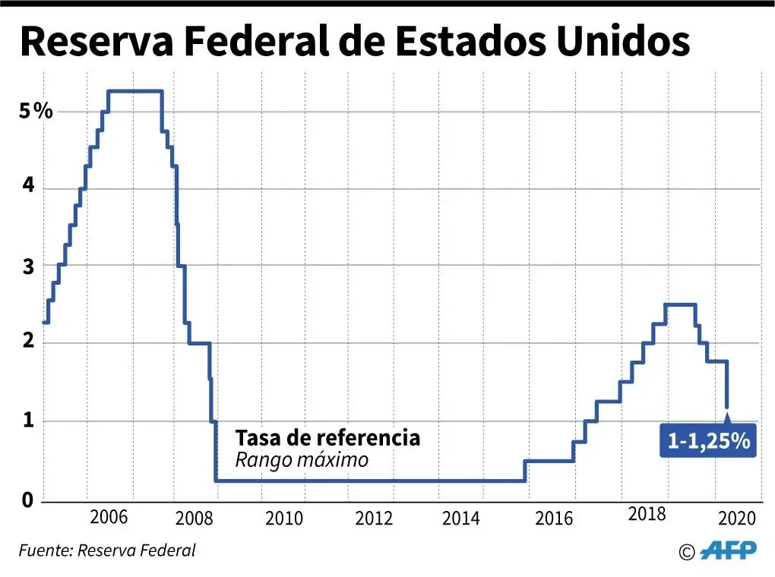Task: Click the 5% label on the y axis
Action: click(36, 112)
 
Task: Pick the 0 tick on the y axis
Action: click(27, 500)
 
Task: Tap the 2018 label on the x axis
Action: click(647, 515)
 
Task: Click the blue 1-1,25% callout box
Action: click(709, 441)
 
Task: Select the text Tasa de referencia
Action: click(327, 438)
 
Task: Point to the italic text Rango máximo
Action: click(302, 460)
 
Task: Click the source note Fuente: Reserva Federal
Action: click(107, 550)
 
